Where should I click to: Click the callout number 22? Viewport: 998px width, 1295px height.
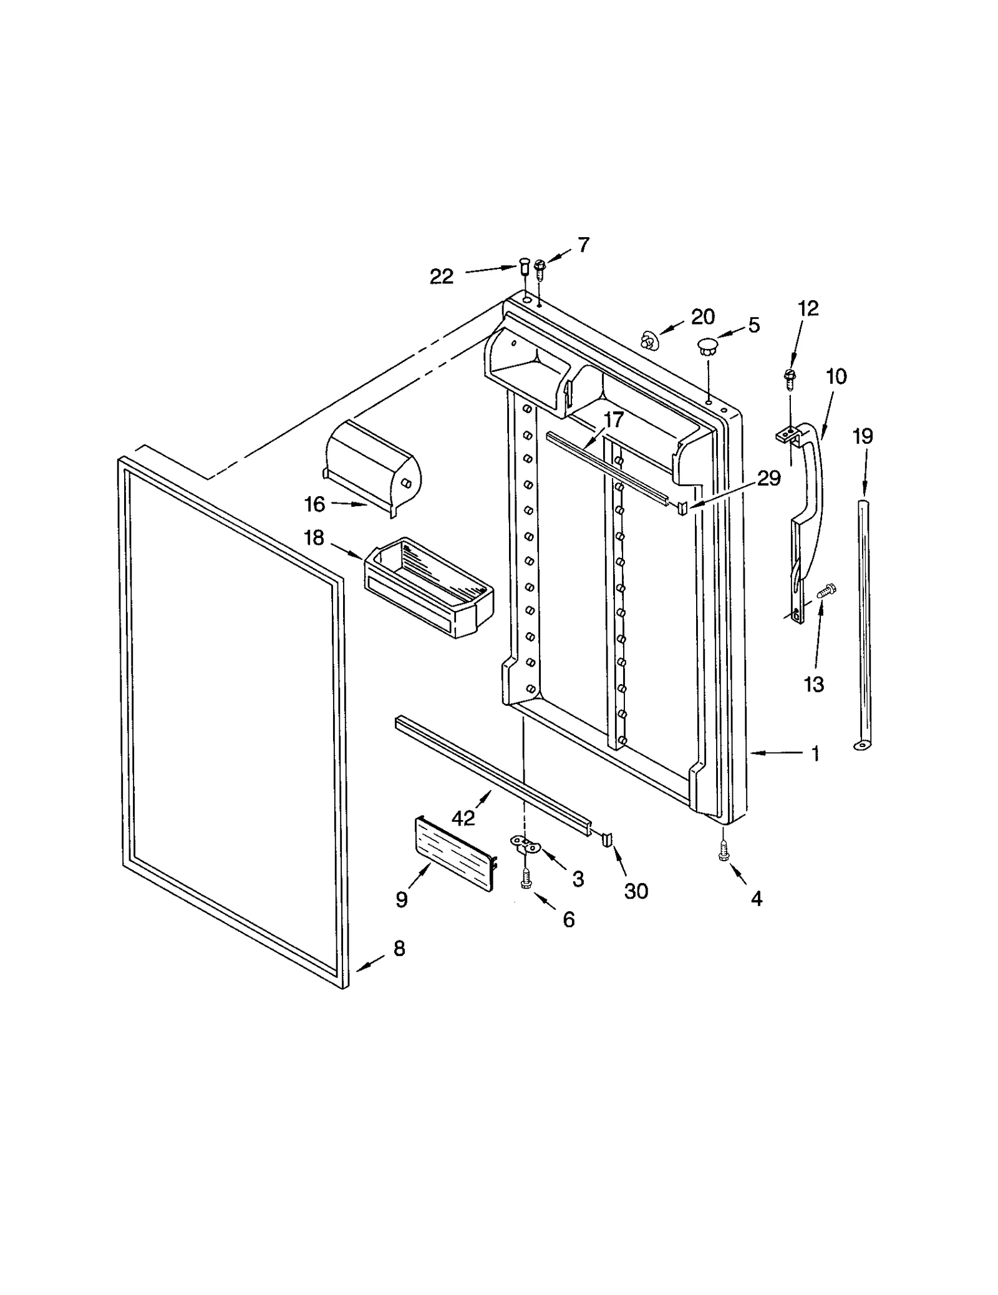tap(441, 276)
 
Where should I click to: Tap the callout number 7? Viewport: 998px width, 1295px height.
tap(583, 245)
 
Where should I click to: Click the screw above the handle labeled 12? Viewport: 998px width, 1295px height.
tap(789, 378)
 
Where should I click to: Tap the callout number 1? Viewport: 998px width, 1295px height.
tap(815, 754)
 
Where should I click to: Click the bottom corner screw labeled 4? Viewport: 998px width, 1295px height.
tap(724, 851)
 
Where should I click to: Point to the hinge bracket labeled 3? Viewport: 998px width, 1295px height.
tap(525, 844)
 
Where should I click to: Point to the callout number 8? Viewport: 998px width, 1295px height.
tap(399, 949)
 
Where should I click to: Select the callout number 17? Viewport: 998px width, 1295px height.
tap(614, 420)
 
